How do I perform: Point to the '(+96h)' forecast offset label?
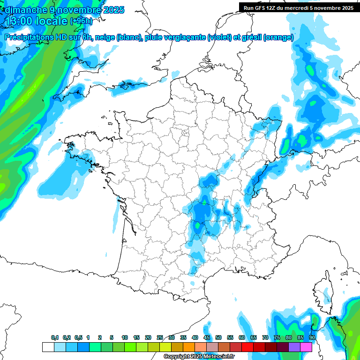pyautogui.click(x=81, y=21)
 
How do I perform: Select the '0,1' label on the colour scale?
pyautogui.click(x=55, y=338)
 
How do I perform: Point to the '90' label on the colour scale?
pyautogui.click(x=312, y=338)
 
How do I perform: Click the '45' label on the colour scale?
pyautogui.click(x=207, y=338)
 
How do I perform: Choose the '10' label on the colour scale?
pyautogui.click(x=125, y=338)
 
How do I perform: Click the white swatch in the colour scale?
pyautogui.click(x=48, y=347)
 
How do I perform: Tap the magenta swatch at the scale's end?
pyautogui.click(x=306, y=347)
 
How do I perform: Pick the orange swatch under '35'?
pyautogui.click(x=189, y=347)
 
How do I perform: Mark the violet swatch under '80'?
pyautogui.click(x=294, y=347)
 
